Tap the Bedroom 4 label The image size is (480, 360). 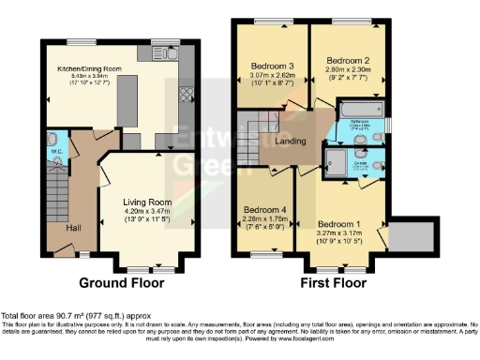262,210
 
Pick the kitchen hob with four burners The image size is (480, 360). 186,94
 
